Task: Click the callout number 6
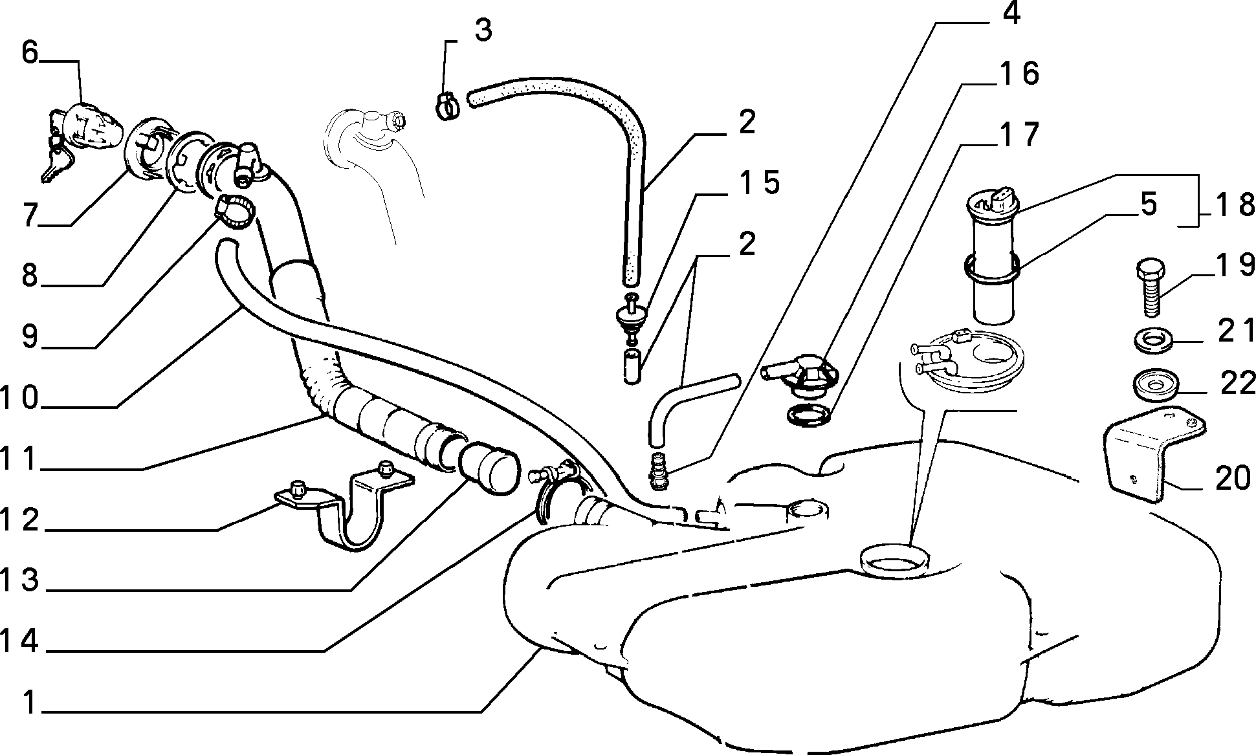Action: point(30,52)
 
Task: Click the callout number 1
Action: point(29,703)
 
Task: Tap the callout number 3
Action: point(483,30)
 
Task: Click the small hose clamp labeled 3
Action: point(446,106)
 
